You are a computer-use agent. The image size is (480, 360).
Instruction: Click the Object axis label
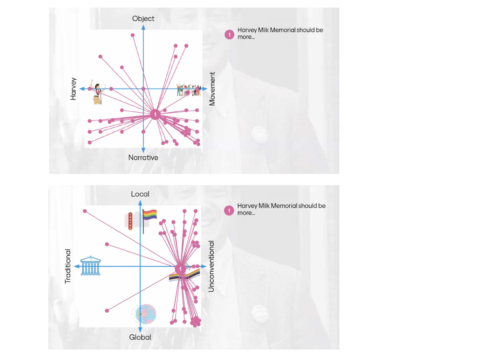tap(143, 19)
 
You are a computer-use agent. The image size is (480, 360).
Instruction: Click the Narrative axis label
tap(143, 158)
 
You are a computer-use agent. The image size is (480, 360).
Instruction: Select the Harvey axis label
tap(73, 89)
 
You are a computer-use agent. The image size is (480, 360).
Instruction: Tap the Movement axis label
tap(212, 89)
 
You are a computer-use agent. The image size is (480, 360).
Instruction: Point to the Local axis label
tap(140, 194)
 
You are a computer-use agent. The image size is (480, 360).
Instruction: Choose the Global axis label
tap(140, 337)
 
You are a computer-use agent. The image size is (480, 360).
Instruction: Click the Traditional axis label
tap(68, 266)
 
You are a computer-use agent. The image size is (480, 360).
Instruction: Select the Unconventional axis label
tap(211, 266)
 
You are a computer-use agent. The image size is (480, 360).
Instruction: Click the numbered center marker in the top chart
tap(155, 114)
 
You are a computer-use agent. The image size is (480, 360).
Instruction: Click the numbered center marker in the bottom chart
tap(180, 269)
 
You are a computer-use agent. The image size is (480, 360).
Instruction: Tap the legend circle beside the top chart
tap(229, 35)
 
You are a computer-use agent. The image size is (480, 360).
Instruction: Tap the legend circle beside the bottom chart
tap(229, 211)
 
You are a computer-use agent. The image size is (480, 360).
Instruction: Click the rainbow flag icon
tap(149, 215)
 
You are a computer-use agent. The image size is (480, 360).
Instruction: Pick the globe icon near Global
tap(145, 314)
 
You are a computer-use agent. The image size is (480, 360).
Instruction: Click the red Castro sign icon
tap(130, 221)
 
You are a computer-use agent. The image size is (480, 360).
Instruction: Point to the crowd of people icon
tap(189, 90)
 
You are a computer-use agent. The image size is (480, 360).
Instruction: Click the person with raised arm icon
tap(97, 93)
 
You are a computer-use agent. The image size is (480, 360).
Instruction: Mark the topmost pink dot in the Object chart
tap(133, 35)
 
